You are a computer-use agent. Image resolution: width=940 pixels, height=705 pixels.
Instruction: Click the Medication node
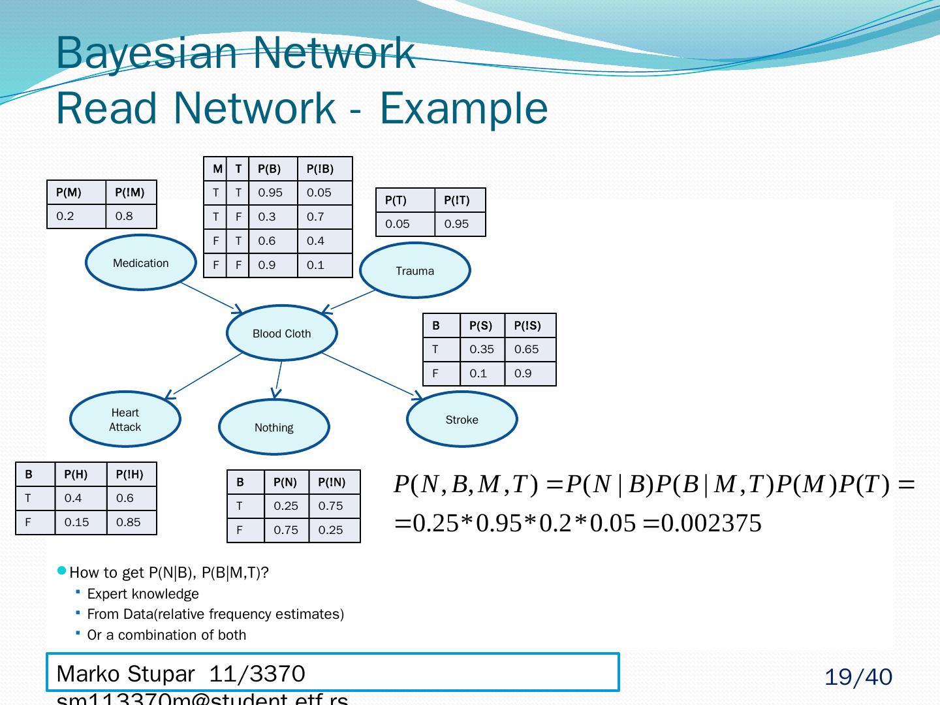(x=140, y=262)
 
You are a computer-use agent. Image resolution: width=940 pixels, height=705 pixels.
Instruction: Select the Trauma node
(x=415, y=270)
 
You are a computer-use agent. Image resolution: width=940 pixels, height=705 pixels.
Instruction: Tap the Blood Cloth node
(x=281, y=333)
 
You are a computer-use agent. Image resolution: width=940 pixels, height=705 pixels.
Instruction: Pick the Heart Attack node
(x=125, y=419)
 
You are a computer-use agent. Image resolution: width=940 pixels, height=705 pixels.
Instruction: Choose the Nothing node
(x=274, y=427)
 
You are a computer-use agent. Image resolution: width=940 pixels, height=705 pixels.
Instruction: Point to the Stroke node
(x=462, y=419)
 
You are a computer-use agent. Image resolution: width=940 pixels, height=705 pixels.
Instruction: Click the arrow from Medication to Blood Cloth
(x=210, y=297)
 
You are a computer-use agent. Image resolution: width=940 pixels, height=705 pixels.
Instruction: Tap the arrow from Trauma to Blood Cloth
(x=349, y=301)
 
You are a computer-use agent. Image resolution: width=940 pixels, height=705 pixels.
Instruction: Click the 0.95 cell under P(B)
(x=270, y=193)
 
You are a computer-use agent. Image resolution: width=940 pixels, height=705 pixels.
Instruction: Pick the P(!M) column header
(x=130, y=193)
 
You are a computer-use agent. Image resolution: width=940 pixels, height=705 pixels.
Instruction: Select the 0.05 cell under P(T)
(x=398, y=224)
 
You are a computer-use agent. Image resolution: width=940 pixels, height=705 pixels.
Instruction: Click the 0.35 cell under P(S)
(x=482, y=349)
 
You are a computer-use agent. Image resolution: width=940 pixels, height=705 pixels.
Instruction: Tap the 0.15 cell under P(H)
(x=76, y=522)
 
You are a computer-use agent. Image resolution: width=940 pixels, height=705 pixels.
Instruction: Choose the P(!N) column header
(x=332, y=482)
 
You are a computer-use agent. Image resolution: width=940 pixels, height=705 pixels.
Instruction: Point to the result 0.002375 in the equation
(x=712, y=524)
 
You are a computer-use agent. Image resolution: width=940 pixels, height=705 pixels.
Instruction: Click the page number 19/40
(x=858, y=678)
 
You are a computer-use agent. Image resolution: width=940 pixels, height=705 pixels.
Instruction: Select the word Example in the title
(x=463, y=108)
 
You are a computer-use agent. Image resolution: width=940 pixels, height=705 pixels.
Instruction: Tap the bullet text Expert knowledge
(x=143, y=594)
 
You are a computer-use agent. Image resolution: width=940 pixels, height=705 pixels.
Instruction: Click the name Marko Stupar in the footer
(x=125, y=674)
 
